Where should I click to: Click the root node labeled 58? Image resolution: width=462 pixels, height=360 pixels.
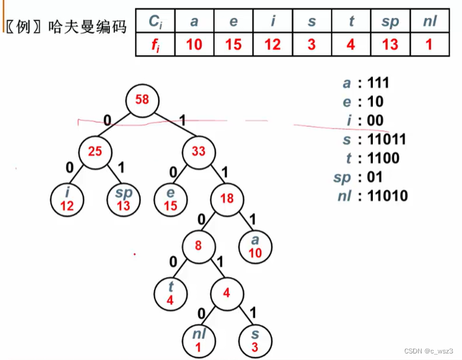(x=142, y=99)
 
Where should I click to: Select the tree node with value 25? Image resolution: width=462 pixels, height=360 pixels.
(x=95, y=151)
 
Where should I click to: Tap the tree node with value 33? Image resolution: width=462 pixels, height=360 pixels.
(x=199, y=151)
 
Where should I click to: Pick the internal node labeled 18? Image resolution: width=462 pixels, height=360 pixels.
(x=227, y=198)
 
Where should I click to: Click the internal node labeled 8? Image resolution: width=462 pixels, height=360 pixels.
(x=199, y=245)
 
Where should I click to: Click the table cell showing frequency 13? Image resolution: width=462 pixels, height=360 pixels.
(x=389, y=44)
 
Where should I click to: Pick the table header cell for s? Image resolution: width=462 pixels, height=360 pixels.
(x=312, y=21)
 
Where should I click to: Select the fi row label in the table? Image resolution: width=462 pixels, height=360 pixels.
(x=155, y=44)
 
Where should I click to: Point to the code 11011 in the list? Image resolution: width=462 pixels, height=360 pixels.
(x=386, y=140)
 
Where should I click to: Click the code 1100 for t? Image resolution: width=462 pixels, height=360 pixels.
(x=384, y=158)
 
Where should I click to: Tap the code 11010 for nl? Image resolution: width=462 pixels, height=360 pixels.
(x=387, y=195)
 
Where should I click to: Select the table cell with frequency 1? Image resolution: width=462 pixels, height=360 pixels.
(x=429, y=44)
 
